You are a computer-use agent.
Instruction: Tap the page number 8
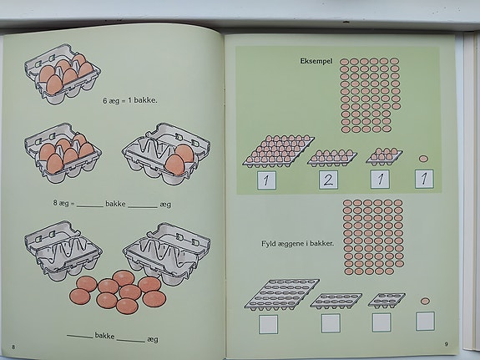[13, 347]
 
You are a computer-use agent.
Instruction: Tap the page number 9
[446, 344]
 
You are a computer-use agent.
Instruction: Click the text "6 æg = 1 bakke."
[130, 100]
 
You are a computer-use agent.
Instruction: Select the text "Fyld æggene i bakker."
[297, 244]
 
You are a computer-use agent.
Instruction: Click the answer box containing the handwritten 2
[328, 180]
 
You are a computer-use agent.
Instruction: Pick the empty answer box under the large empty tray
[268, 324]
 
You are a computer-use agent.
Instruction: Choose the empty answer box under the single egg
[425, 321]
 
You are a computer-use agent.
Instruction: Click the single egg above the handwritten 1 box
[423, 159]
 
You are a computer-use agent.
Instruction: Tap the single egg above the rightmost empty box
[425, 301]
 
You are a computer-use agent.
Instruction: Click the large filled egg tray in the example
[278, 150]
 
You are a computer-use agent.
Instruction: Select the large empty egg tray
[281, 294]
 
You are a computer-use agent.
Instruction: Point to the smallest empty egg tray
[387, 300]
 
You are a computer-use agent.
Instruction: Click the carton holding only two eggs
[166, 154]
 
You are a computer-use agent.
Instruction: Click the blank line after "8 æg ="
[89, 206]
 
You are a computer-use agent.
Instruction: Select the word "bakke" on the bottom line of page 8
[104, 336]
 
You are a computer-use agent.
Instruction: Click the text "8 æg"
[61, 203]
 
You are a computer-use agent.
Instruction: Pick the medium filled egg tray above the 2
[332, 158]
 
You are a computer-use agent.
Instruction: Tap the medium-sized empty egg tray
[336, 301]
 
